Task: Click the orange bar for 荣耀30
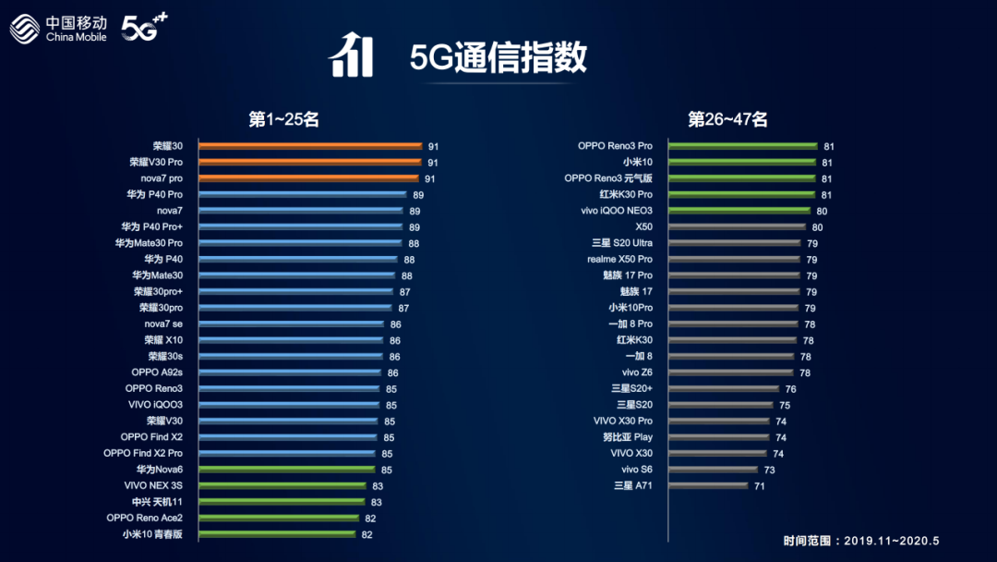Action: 309,146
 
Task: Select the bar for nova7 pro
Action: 309,178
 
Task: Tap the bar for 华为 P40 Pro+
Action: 302,226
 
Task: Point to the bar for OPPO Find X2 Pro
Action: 286,453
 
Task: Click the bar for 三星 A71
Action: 707,485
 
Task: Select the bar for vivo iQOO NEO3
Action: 739,211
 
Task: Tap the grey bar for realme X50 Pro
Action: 734,260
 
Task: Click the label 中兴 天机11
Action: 158,502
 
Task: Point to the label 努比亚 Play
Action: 628,437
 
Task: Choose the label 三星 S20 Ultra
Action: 622,243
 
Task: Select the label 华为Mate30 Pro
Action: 149,243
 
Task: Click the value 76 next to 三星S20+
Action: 790,389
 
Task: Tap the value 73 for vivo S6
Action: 769,470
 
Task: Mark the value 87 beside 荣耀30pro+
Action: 403,292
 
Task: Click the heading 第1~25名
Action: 283,119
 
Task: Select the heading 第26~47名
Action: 727,119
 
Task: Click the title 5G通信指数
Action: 498,57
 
